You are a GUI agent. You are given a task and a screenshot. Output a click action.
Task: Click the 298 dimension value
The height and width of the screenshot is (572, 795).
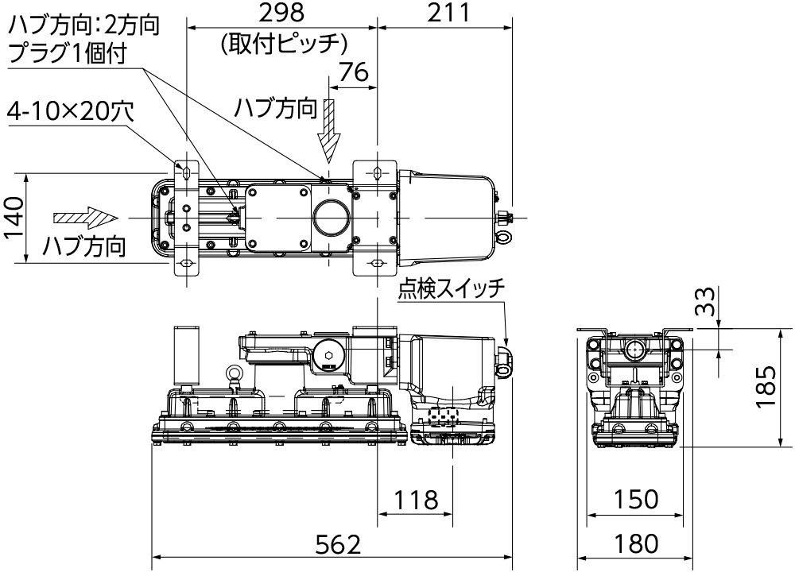click(282, 14)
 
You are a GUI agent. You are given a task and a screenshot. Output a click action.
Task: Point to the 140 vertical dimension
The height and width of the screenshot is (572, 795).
click(14, 217)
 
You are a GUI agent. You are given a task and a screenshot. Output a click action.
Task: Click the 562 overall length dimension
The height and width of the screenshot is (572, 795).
click(339, 544)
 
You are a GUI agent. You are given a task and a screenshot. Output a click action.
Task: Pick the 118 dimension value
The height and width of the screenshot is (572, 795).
click(416, 500)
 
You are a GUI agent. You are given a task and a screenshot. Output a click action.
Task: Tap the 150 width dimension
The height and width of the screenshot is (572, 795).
click(635, 500)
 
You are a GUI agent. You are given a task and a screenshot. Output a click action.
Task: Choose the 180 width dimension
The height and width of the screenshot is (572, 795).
click(635, 544)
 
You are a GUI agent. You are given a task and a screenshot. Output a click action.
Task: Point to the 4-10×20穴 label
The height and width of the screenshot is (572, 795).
click(70, 113)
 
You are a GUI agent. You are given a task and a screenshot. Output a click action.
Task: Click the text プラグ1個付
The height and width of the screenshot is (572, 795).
click(67, 53)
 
